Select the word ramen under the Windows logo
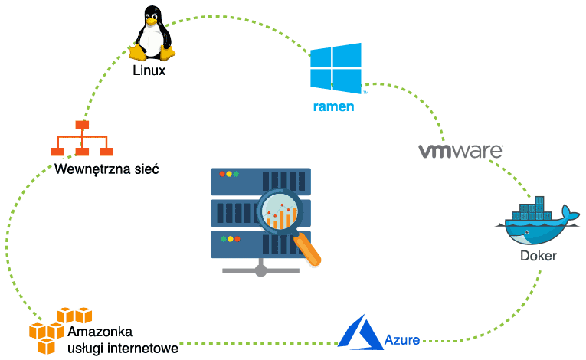pyautogui.click(x=333, y=106)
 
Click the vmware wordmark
pyautogui.click(x=460, y=149)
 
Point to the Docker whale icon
pyautogui.click(x=536, y=223)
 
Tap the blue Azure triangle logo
pyautogui.click(x=360, y=331)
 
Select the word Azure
pyautogui.click(x=402, y=339)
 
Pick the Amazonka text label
pyautogui.click(x=100, y=332)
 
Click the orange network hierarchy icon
pyautogui.click(x=82, y=139)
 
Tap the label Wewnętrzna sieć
pyautogui.click(x=106, y=169)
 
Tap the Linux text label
pyautogui.click(x=149, y=70)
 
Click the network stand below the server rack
pyautogui.click(x=261, y=268)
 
